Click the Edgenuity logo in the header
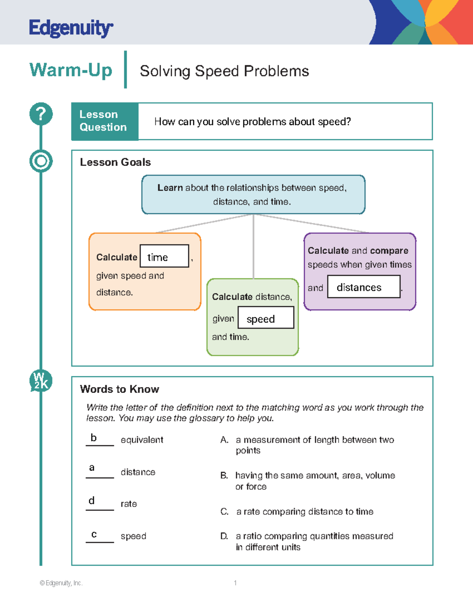71,28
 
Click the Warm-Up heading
71,70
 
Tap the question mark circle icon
41,114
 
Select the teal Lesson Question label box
105,121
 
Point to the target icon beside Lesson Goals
41,161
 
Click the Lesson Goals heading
115,162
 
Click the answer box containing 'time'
164,256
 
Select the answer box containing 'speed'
266,318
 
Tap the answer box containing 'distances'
363,286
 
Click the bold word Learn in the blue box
170,188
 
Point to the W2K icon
41,381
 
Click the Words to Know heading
119,389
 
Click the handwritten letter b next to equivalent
93,437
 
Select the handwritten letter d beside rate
91,500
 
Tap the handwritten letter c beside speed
94,534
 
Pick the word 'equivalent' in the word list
142,440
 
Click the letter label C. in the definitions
224,512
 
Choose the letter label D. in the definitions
224,536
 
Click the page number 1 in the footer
235,583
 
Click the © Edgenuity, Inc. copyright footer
61,583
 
